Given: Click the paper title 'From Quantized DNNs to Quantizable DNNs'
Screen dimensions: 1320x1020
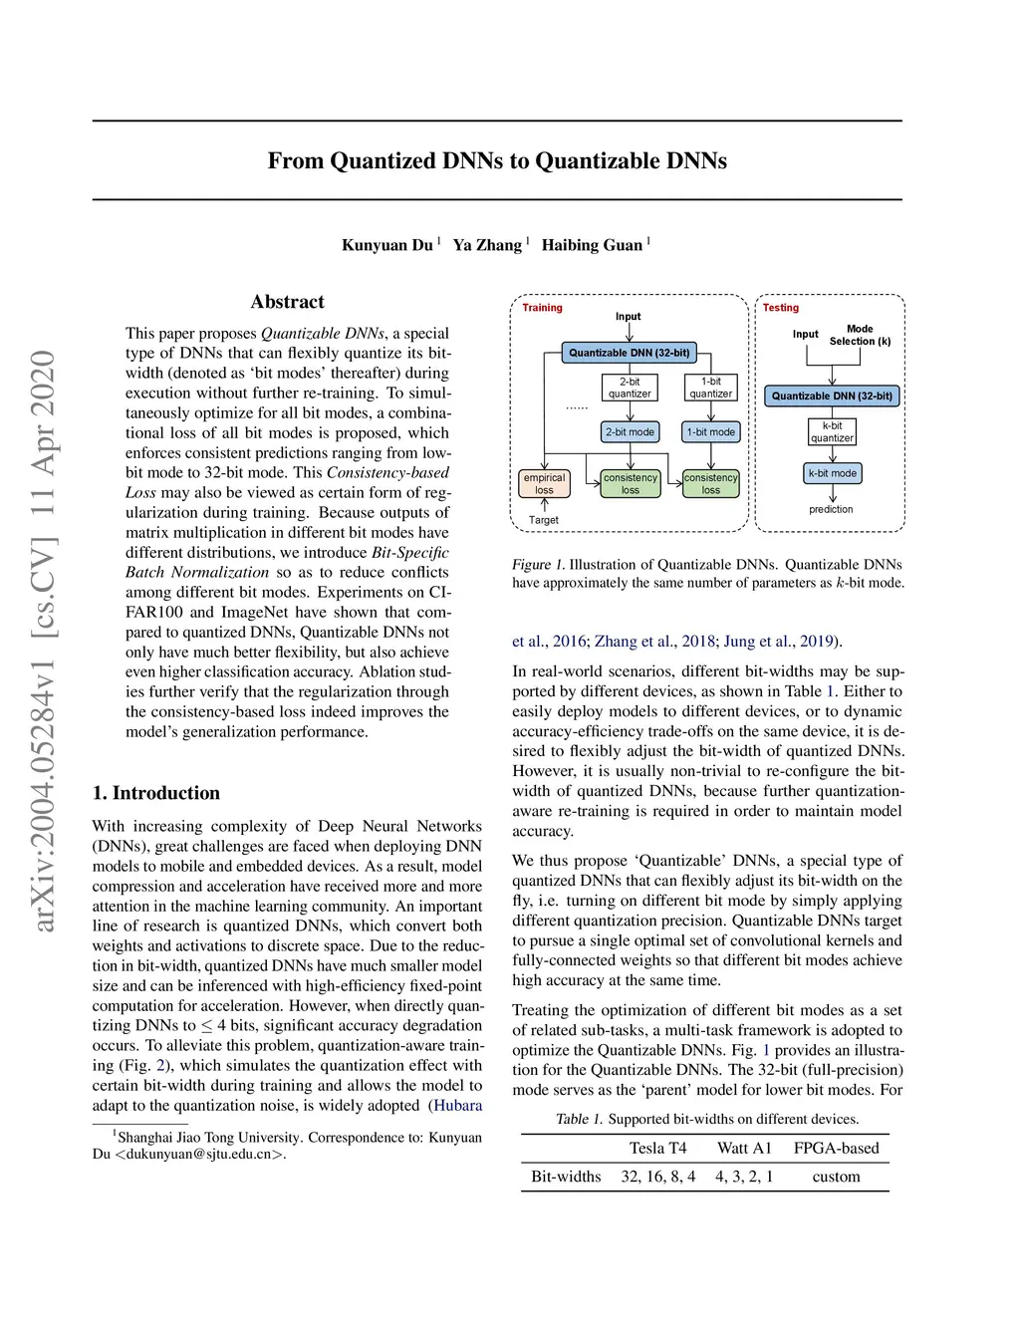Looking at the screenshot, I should click(497, 161).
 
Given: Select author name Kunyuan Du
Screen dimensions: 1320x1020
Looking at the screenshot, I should click(387, 245).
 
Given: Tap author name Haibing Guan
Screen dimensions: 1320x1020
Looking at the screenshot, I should click(592, 245).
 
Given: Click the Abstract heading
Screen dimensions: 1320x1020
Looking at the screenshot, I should click(287, 302).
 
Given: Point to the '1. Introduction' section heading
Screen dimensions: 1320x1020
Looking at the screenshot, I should click(155, 793).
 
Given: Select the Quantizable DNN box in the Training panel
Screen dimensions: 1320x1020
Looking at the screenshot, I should click(629, 353).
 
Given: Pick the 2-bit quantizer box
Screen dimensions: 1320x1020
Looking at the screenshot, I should click(630, 388).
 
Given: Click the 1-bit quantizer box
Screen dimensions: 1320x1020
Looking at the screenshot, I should click(710, 388).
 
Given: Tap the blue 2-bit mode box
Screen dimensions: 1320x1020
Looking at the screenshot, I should click(630, 432).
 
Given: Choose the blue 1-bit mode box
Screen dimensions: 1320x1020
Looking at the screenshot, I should click(710, 432).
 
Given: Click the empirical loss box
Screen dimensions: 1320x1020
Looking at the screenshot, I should click(544, 484).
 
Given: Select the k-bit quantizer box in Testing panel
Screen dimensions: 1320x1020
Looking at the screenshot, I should click(832, 431).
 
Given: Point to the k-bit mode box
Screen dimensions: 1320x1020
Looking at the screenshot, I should click(832, 473).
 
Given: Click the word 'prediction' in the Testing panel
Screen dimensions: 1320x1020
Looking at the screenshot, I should click(831, 509).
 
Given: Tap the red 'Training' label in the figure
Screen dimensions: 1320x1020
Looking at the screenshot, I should click(542, 308).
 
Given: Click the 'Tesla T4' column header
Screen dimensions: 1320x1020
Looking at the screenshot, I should click(657, 1149).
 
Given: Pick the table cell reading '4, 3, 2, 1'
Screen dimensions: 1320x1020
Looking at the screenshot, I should click(743, 1177).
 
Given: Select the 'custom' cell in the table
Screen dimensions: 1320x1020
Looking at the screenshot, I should click(836, 1177).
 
